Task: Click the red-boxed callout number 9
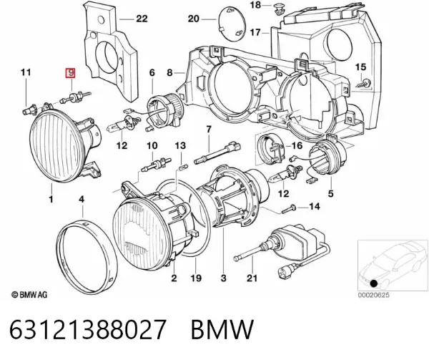[x=70, y=73]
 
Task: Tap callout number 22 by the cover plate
[x=142, y=19]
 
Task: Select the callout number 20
[x=194, y=19]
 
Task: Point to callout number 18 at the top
[x=255, y=5]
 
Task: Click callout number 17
[x=255, y=33]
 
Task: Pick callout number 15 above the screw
[x=360, y=67]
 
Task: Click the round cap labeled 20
[x=231, y=24]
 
